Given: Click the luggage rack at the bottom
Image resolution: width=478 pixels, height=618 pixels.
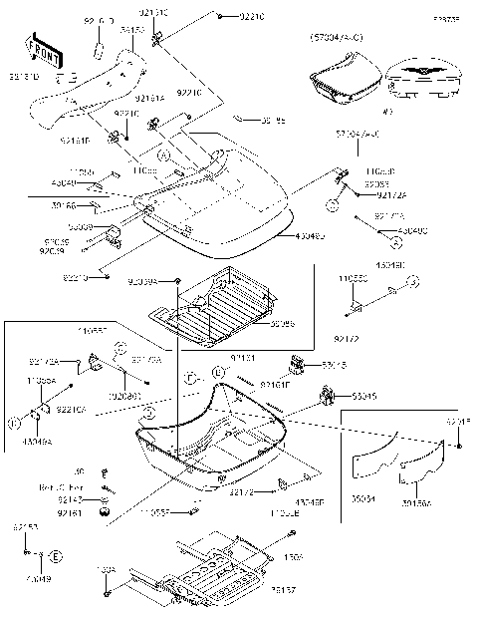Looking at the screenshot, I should pos(214,569).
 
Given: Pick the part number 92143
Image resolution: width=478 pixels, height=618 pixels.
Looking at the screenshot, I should pos(70,499).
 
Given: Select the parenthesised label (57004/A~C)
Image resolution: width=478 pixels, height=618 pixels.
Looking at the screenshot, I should pos(336,37).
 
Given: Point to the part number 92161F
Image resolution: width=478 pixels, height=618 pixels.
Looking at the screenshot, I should pos(274,383).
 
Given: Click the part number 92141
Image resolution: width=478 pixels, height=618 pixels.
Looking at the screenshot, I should pos(242,356).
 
